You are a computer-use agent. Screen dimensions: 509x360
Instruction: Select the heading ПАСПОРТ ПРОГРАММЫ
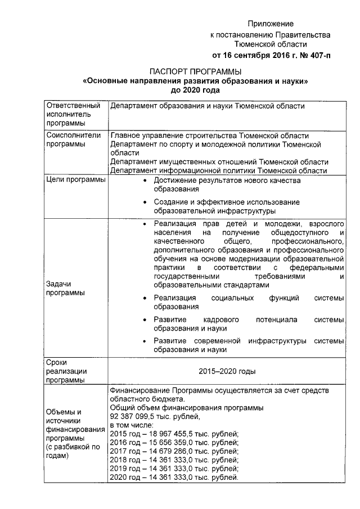[196, 71]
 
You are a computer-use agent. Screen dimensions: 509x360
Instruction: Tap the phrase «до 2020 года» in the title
[196, 89]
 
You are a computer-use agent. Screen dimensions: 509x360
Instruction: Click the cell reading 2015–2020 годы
[227, 371]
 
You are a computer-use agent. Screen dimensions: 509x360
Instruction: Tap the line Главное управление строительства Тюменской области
[209, 136]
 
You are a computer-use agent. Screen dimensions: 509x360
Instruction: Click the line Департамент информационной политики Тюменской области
[219, 170]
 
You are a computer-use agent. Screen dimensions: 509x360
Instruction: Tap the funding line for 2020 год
[175, 478]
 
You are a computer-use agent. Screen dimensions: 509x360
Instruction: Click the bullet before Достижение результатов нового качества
[146, 181]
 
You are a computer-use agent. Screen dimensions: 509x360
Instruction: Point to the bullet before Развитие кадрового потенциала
[146, 320]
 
